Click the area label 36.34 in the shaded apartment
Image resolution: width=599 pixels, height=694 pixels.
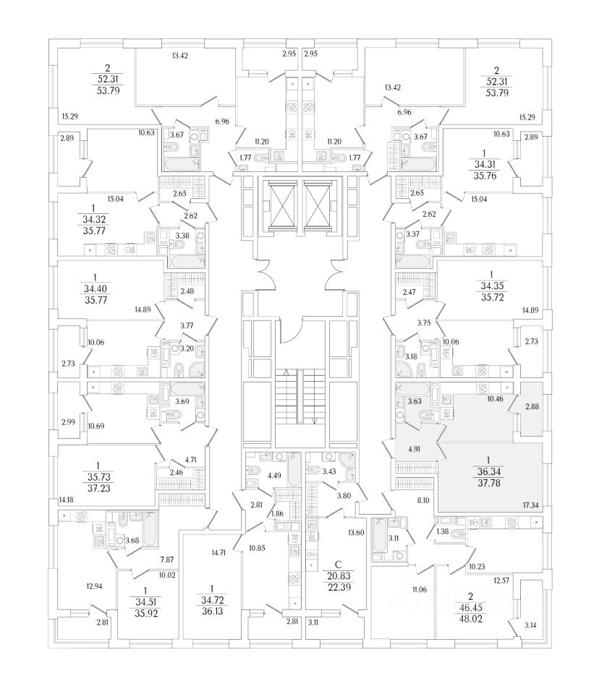click(477, 471)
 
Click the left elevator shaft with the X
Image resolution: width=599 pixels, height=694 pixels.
click(278, 204)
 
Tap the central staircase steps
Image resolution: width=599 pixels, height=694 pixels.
click(299, 398)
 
